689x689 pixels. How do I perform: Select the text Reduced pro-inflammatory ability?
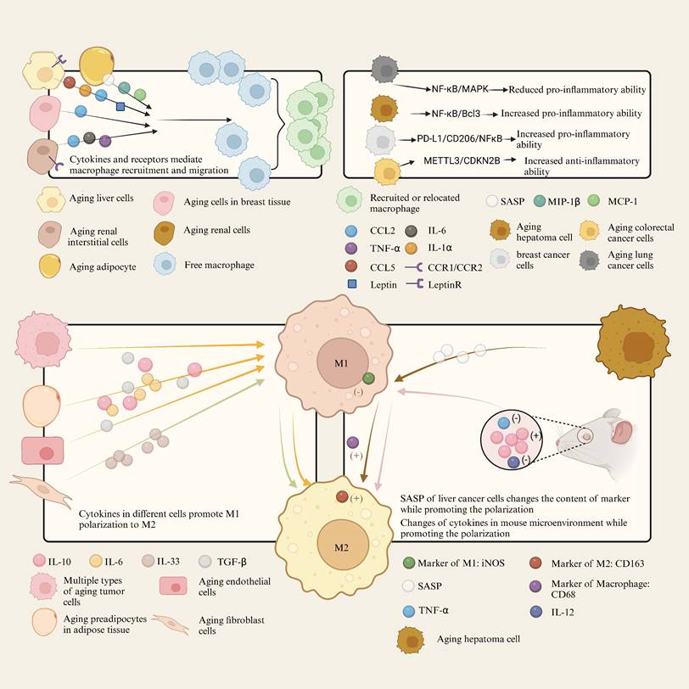coord(574,88)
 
